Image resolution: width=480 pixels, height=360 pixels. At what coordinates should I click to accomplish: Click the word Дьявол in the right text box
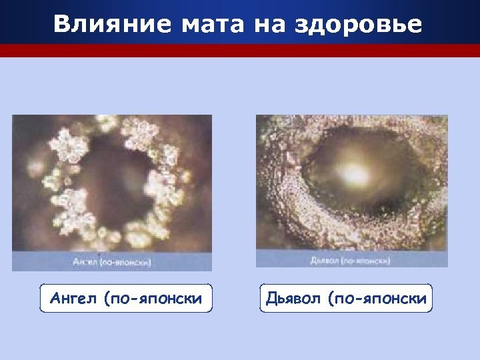(x=294, y=299)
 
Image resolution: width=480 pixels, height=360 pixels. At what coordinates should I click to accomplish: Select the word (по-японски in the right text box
(x=377, y=299)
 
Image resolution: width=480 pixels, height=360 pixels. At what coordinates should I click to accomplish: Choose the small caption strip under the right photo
(x=352, y=259)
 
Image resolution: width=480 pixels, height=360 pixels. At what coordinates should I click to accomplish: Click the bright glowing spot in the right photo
(x=351, y=171)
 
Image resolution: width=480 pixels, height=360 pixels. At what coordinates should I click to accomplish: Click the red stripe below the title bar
(x=240, y=51)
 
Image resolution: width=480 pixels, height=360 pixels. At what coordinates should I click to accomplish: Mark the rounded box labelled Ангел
(x=125, y=299)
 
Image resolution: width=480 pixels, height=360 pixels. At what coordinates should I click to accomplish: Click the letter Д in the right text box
(x=271, y=299)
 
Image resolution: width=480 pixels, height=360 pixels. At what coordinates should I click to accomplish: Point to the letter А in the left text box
(x=55, y=299)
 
